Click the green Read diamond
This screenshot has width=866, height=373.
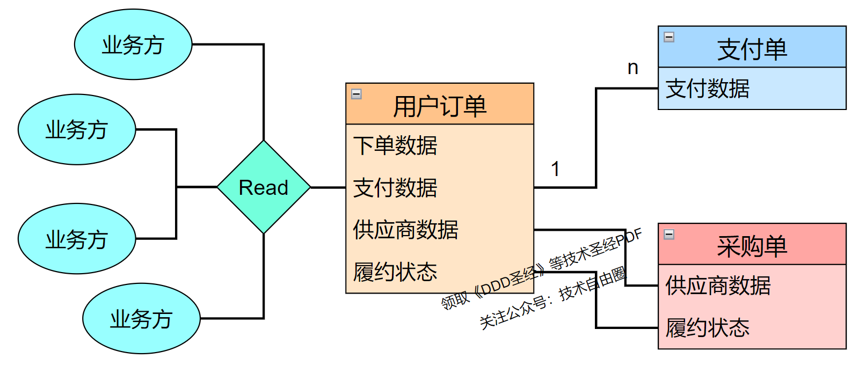pos(264,187)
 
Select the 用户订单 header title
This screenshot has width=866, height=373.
pos(440,106)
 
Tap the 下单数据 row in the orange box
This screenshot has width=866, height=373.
pos(395,145)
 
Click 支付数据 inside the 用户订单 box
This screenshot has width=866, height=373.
pos(395,188)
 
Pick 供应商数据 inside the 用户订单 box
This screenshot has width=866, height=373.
pos(405,230)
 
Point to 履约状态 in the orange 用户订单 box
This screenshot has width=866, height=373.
pos(395,272)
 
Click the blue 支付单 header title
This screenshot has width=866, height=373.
pos(752,49)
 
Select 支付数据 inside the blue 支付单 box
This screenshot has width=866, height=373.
pos(707,89)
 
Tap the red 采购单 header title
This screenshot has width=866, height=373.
pos(752,246)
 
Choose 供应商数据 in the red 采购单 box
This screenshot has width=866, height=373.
pos(718,286)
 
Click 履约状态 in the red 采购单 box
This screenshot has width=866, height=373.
pos(707,328)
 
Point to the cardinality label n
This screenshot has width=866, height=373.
pos(633,68)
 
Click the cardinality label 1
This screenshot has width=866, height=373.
pos(556,169)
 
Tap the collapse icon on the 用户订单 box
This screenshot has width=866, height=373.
pos(356,94)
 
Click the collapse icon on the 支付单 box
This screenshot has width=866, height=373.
pos(669,37)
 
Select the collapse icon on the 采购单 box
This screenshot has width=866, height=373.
pos(669,234)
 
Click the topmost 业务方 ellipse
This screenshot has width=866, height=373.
pos(133,45)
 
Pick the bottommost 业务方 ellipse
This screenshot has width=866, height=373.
pos(141,319)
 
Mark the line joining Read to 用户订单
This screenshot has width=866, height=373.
pos(328,187)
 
